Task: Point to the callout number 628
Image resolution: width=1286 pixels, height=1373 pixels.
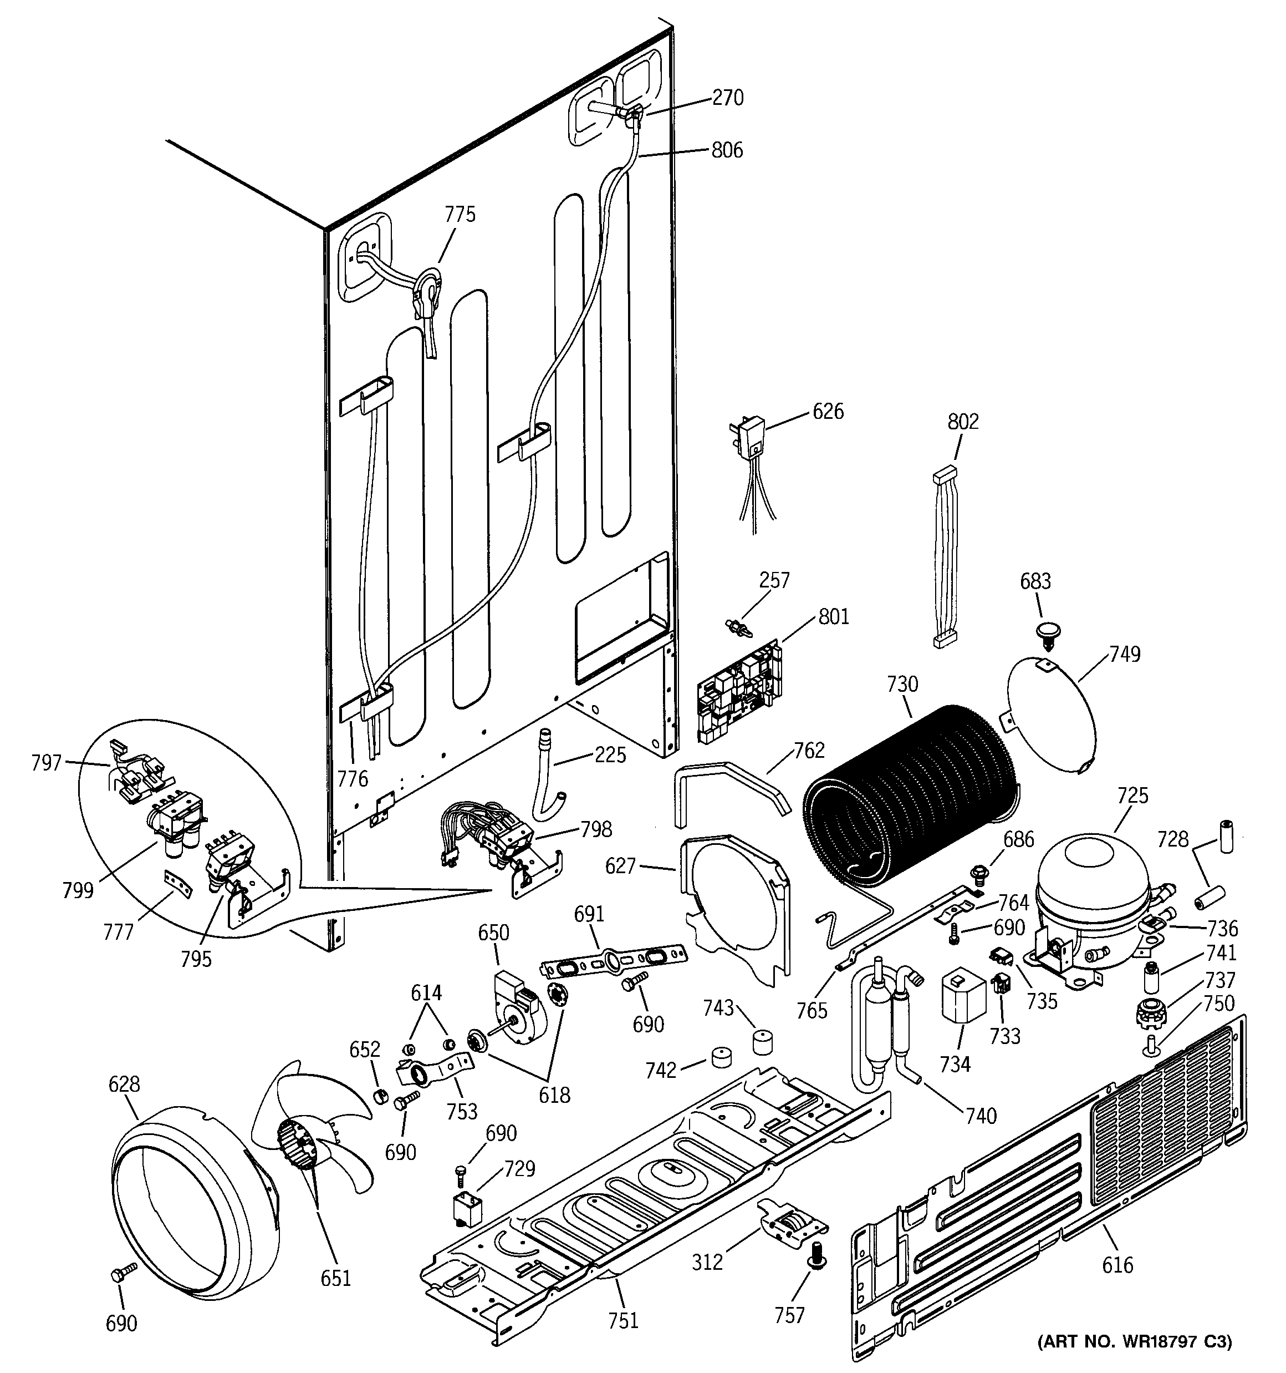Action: click(x=124, y=1085)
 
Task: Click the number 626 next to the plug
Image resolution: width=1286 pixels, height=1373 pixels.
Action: click(x=828, y=412)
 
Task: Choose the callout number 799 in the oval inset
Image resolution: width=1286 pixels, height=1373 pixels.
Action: click(x=77, y=890)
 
